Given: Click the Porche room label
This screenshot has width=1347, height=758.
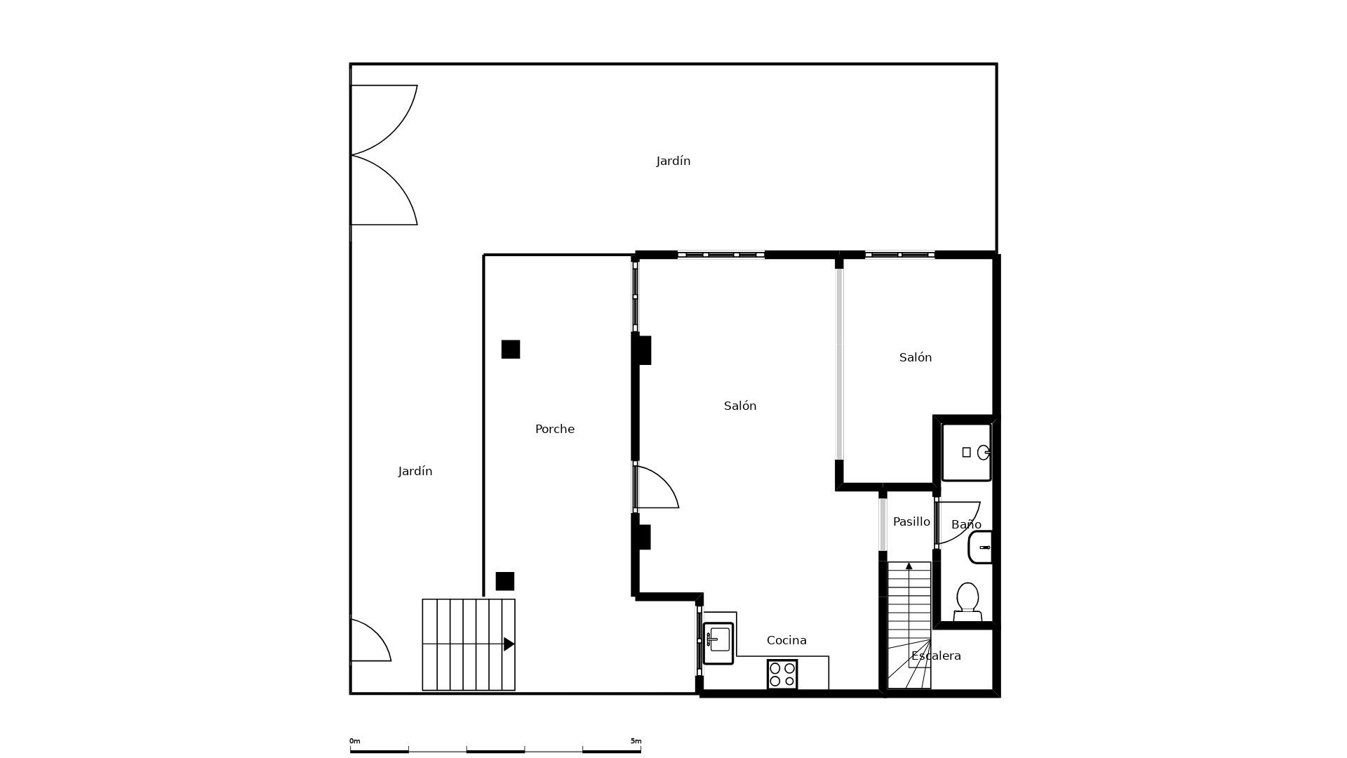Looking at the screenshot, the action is click(554, 429).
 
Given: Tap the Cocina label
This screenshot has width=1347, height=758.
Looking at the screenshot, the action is click(786, 640).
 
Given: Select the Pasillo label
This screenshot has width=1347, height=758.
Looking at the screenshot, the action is click(911, 521).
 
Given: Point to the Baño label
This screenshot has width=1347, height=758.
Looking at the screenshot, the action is click(966, 524).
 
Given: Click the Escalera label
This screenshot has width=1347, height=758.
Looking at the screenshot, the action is click(936, 656).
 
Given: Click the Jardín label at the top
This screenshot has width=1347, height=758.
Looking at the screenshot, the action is click(673, 161).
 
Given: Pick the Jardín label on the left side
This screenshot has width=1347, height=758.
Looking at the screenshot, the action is click(415, 471).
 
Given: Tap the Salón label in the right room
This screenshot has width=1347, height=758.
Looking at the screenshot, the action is click(916, 357).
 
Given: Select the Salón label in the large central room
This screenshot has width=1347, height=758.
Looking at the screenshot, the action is click(740, 406).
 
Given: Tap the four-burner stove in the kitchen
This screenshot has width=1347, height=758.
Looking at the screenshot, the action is click(782, 674).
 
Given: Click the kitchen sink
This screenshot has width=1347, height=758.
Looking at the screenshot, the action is click(718, 643).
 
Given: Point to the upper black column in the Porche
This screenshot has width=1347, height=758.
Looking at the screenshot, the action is click(511, 350).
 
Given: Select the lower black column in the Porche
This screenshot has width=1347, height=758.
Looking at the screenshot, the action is click(505, 581).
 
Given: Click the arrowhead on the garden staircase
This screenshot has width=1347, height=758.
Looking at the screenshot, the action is click(509, 644).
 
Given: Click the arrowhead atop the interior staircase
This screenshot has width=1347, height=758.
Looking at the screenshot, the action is click(909, 566).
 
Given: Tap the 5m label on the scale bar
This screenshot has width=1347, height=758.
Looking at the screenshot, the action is click(636, 741).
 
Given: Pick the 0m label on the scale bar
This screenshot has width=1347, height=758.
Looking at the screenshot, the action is click(355, 741).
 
